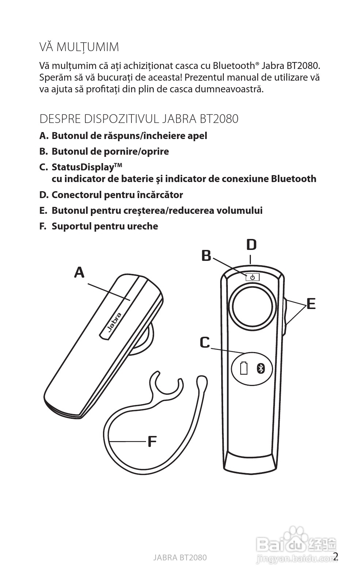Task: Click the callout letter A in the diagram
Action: click(x=79, y=272)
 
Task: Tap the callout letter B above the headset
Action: click(x=206, y=256)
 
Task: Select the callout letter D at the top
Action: click(x=251, y=245)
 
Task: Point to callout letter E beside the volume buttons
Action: click(x=311, y=304)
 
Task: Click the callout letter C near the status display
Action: click(x=205, y=343)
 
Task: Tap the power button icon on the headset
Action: click(x=252, y=278)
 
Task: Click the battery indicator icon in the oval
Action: click(x=244, y=368)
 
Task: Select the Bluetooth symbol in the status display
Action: click(x=260, y=368)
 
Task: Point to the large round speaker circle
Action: click(x=252, y=306)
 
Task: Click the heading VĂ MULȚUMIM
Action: click(x=79, y=47)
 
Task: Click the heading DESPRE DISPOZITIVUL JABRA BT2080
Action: click(x=139, y=119)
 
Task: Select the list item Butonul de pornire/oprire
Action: click(x=110, y=151)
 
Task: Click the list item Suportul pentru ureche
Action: click(x=105, y=226)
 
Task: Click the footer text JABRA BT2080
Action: click(x=180, y=557)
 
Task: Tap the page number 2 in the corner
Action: click(x=336, y=556)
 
